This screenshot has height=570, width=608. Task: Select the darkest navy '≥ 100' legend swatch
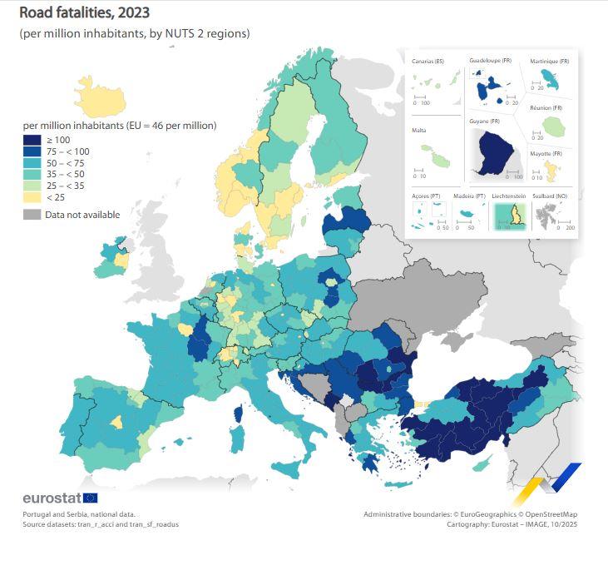32,140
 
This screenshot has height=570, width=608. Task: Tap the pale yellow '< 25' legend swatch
32,197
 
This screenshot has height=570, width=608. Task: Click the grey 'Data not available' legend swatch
32,215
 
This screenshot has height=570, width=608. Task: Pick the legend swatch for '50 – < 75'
32,163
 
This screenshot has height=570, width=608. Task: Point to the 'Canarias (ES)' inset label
428,62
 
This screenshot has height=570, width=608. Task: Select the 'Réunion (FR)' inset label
546,108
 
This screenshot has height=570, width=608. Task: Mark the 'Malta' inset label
419,131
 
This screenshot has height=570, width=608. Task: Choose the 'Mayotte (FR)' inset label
546,154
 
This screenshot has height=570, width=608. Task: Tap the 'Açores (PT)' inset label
425,196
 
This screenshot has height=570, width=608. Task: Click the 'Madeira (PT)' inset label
469,196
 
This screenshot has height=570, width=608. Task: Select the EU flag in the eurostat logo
91,498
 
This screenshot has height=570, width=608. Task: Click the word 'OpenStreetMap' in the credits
552,514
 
